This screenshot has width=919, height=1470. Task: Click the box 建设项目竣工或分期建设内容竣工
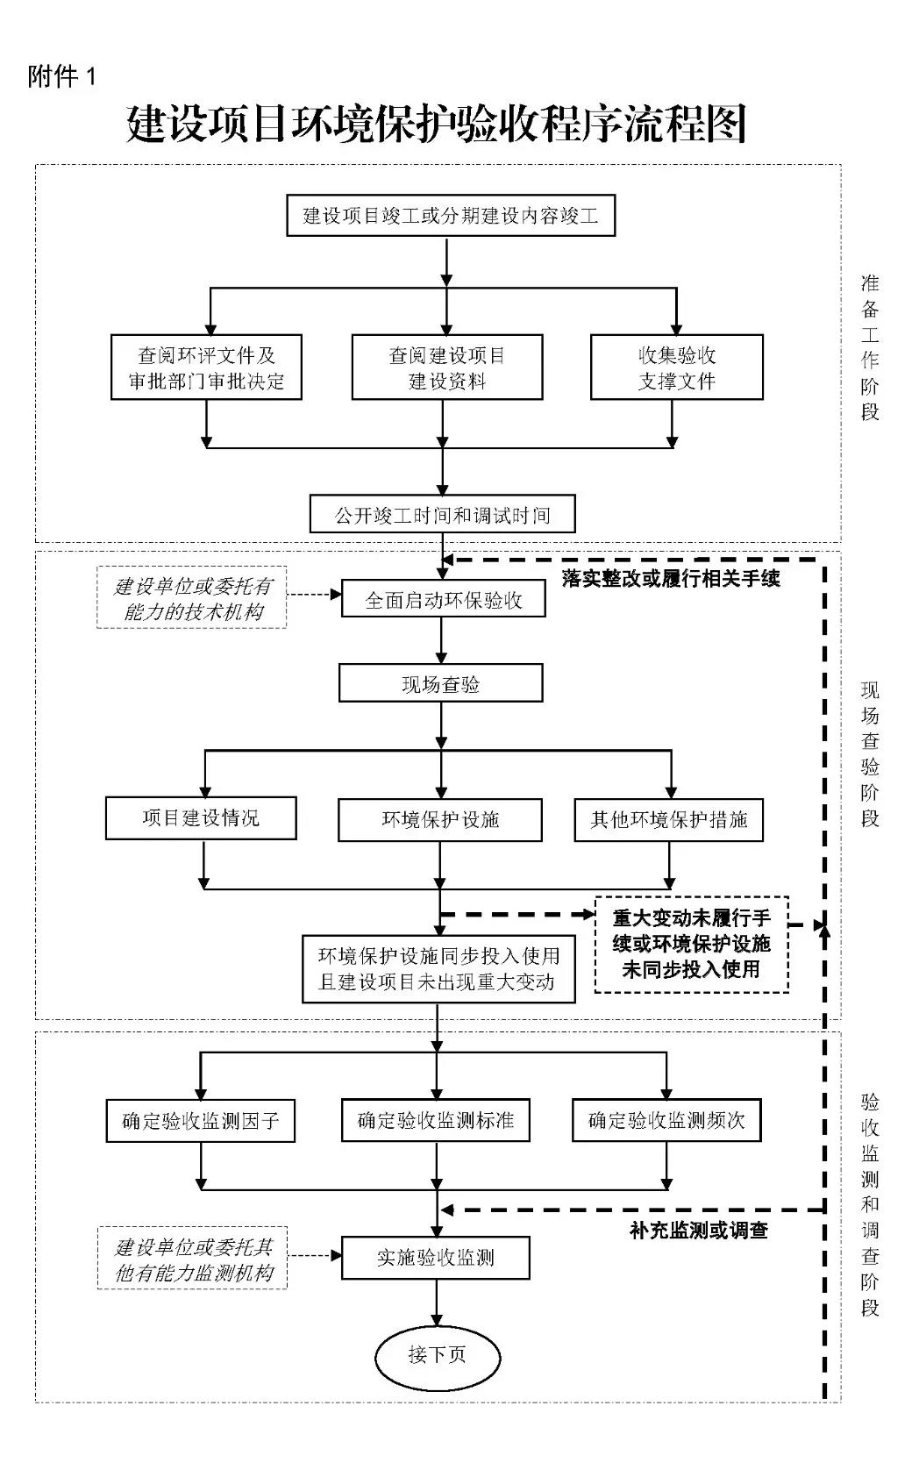pos(451,215)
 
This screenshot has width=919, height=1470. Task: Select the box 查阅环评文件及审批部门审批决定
pos(206,367)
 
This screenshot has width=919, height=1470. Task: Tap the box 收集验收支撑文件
pos(676,367)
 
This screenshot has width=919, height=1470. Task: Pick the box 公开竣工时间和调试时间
pos(442,515)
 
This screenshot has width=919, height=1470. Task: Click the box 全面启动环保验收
pos(443,600)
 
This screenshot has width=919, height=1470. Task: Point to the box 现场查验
pos(440,684)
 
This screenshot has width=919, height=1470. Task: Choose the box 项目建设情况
pos(201,818)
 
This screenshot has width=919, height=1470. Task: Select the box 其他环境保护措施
pos(668,820)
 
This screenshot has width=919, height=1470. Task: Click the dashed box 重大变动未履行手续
pos(691,944)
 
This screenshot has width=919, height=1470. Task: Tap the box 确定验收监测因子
pos(200,1120)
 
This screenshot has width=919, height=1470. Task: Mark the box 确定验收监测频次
pos(666,1120)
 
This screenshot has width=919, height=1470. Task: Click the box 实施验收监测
pos(436,1258)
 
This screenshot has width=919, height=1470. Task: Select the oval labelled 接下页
pos(438,1355)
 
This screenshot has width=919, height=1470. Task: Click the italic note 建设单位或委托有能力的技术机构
pos(192,599)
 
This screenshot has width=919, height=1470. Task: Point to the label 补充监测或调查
pos(698,1231)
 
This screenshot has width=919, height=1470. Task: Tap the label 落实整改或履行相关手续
pos(671,578)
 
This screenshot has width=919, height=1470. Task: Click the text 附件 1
pos(61,77)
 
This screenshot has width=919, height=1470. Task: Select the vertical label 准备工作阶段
pos(869,347)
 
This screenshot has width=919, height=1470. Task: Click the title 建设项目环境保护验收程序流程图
pos(436,124)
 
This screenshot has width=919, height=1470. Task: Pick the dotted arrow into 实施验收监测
pos(314,1256)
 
